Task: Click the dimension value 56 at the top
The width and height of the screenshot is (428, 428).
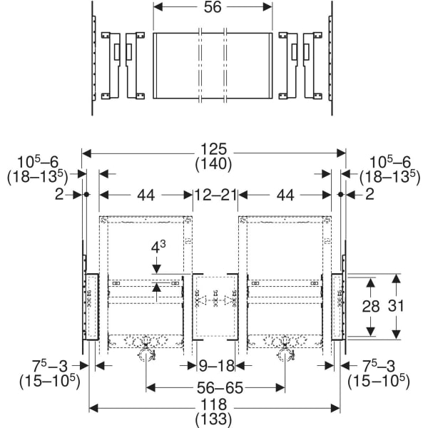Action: [213, 7]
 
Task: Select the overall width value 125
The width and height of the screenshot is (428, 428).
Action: [213, 150]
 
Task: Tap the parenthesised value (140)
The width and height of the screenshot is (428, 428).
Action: [213, 164]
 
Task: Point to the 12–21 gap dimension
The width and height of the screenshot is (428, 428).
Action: [215, 194]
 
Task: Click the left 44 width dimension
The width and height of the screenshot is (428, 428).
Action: [146, 194]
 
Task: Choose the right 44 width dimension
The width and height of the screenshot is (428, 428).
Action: [285, 194]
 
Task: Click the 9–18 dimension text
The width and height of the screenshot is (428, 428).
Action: [217, 365]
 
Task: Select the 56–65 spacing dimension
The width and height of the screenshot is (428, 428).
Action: [215, 388]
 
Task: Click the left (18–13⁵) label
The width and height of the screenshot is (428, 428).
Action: [37, 177]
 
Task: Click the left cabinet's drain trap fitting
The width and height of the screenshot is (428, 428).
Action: [146, 351]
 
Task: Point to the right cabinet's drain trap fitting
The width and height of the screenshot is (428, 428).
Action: [285, 351]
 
